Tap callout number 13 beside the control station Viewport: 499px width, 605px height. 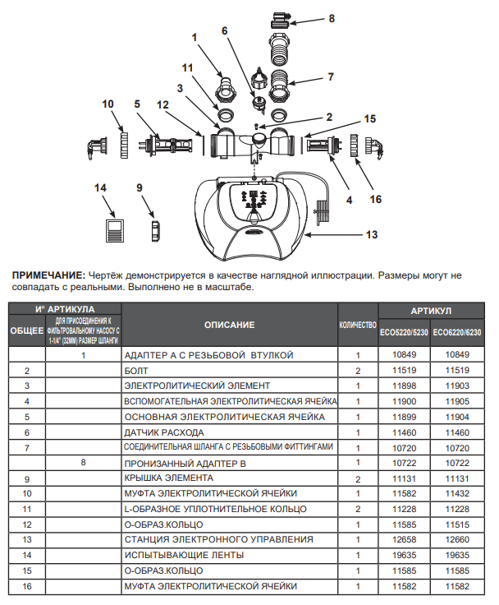(x=372, y=235)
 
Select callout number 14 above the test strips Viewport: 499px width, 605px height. (x=101, y=188)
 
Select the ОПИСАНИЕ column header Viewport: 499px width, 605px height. (x=229, y=326)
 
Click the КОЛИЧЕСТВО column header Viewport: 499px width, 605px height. (x=358, y=326)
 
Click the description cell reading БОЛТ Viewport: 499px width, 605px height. (x=137, y=371)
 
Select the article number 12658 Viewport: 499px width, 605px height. (x=404, y=539)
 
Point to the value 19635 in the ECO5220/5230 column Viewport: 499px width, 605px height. (x=404, y=555)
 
